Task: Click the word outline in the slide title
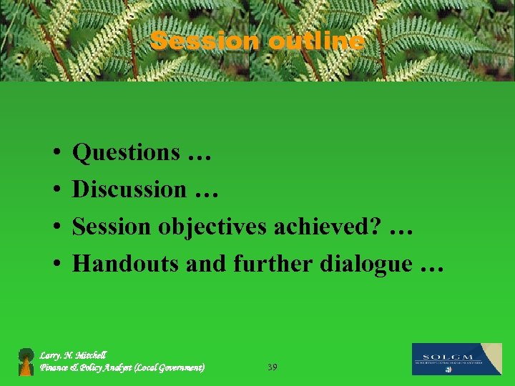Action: tap(317, 41)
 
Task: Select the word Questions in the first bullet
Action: tap(127, 152)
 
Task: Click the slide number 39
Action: tap(272, 367)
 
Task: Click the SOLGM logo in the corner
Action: tap(456, 359)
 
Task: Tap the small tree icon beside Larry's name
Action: tap(26, 362)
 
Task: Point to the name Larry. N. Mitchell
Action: tap(73, 355)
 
